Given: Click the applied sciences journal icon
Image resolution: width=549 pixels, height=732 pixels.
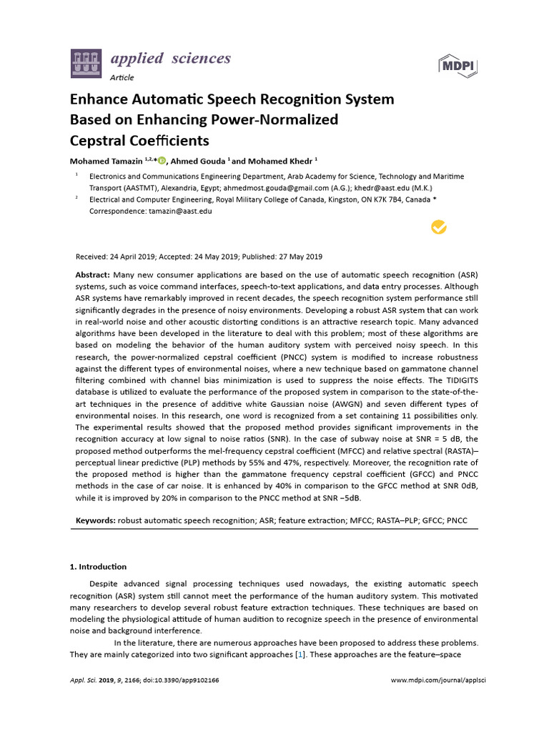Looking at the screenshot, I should tap(85, 64).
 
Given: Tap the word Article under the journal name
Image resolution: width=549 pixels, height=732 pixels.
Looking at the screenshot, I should tap(122, 77).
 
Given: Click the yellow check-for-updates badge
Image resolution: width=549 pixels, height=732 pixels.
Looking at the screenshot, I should tap(438, 227).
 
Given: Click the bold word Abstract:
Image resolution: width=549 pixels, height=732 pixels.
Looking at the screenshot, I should tap(92, 274).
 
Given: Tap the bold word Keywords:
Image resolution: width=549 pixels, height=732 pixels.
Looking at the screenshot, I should tap(96, 521).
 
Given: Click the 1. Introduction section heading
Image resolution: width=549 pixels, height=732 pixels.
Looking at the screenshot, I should tap(98, 567).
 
